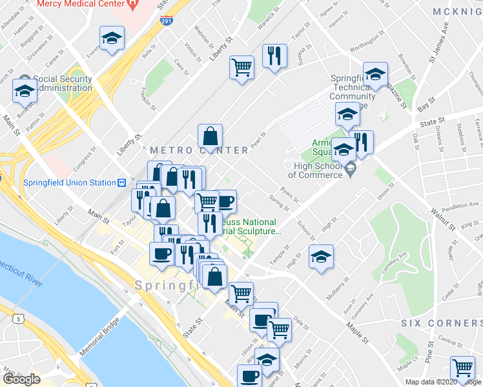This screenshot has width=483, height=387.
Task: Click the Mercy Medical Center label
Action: coord(81,4)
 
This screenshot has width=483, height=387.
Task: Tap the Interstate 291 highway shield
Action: coord(166,21)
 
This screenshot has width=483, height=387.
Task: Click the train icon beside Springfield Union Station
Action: coord(121,183)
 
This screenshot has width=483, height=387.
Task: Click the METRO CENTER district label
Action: coord(199,150)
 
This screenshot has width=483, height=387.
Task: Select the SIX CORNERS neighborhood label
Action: coord(441,322)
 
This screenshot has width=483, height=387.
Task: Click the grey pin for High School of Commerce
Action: coord(350,170)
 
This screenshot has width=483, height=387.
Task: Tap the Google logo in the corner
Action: coord(21,379)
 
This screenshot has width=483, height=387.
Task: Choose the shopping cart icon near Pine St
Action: coord(462,368)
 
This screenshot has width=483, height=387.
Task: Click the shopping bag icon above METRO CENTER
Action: coord(211,136)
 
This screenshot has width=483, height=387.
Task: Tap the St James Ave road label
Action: coord(438,45)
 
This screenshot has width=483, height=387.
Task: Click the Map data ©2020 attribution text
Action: coord(427,382)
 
